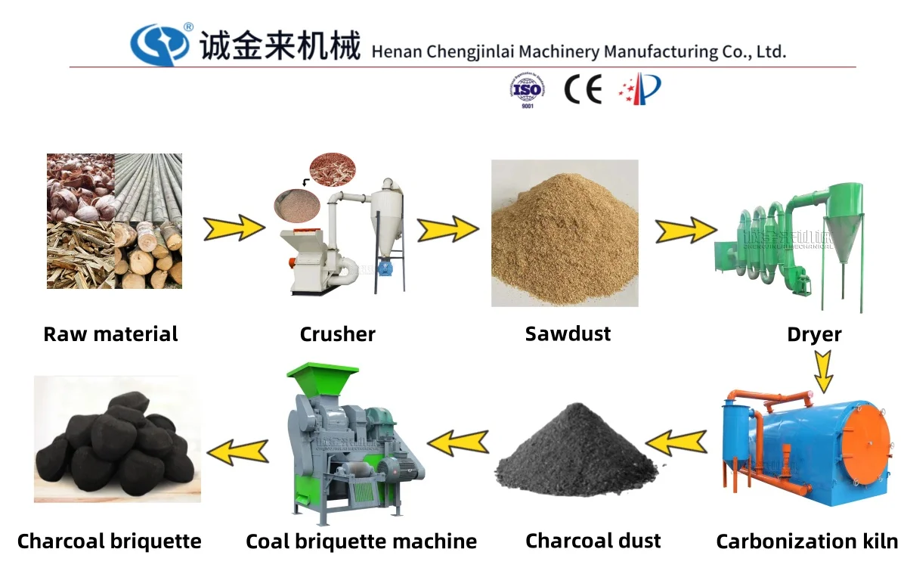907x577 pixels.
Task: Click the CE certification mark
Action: coord(583,90)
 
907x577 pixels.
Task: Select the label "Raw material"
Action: coord(110,334)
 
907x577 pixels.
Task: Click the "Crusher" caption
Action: coord(337,334)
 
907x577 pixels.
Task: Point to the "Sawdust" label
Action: coord(568,333)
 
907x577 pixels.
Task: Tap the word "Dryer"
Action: coord(814,334)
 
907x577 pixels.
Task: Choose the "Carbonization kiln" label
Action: coord(806,541)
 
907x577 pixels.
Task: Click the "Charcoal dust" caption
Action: coord(593,541)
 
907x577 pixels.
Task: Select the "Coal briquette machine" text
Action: coord(361,541)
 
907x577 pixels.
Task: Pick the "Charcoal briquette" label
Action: coord(110,541)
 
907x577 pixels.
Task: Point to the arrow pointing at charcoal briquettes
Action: coord(237,451)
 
